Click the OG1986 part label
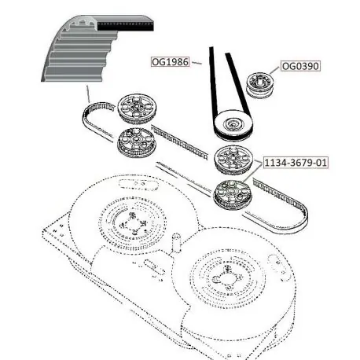coord(171,62)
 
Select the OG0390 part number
coord(300,66)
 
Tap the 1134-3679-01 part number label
coord(296,163)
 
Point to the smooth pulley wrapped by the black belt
coord(233,124)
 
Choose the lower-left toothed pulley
coord(136,141)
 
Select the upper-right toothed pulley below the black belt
coord(233,160)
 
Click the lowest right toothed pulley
coord(233,194)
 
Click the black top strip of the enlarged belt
coord(126,27)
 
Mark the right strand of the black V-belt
coord(237,84)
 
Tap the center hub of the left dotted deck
coord(132,223)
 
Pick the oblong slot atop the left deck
coord(138,184)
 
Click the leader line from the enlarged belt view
coord(88,94)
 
